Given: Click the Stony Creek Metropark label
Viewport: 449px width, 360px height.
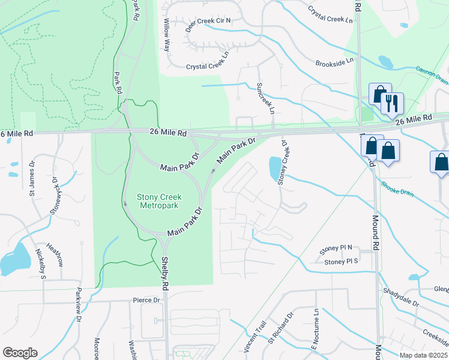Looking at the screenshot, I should (x=159, y=202).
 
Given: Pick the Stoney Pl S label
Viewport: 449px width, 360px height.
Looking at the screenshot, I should (x=340, y=262).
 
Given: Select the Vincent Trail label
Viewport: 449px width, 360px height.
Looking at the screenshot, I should (x=255, y=336).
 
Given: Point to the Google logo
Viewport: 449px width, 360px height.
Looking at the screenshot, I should (x=20, y=353).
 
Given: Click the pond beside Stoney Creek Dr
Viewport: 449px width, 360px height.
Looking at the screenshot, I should (x=274, y=168).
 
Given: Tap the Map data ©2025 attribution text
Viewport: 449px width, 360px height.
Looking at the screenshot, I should (x=423, y=355).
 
